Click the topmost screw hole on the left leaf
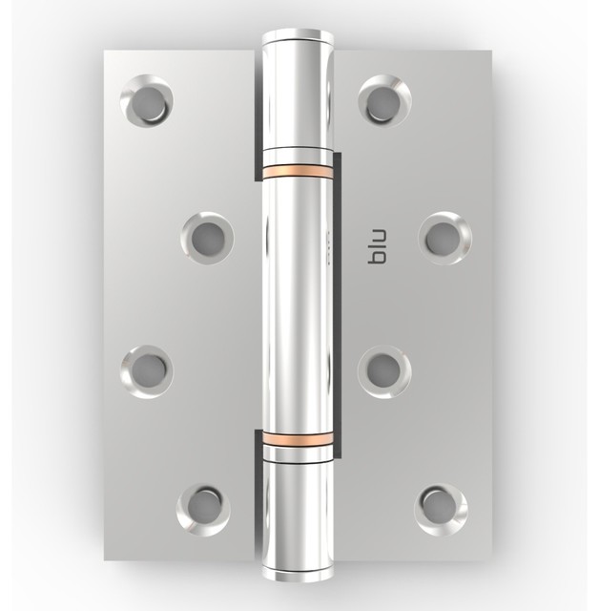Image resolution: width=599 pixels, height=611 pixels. tap(148, 101)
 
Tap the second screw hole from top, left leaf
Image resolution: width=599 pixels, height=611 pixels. tap(206, 238)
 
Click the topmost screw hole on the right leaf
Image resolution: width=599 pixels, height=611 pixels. tap(384, 100)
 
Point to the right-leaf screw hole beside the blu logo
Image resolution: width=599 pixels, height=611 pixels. tap(444, 238)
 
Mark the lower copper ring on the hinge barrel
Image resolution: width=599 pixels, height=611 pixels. tap(299, 438)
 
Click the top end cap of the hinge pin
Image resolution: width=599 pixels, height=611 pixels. tap(299, 37)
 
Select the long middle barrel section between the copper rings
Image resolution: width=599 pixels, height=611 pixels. tap(299, 305)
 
